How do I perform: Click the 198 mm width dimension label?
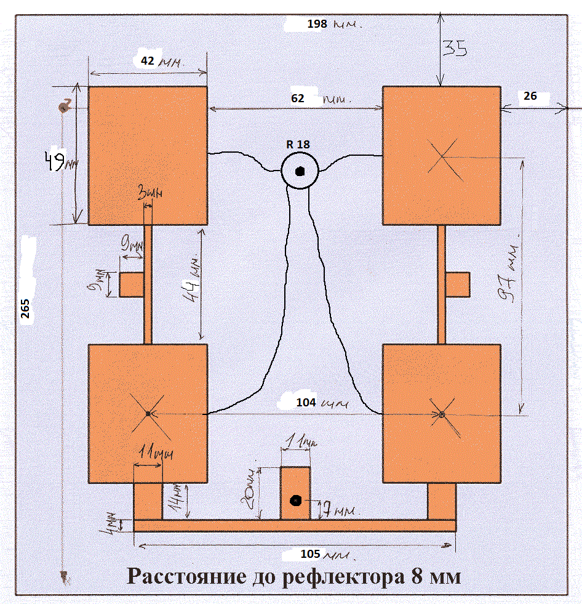point(333,25)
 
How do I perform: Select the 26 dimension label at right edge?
point(530,95)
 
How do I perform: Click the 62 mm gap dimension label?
point(320,97)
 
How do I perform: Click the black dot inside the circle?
point(300,171)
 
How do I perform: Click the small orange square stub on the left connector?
point(130,284)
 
